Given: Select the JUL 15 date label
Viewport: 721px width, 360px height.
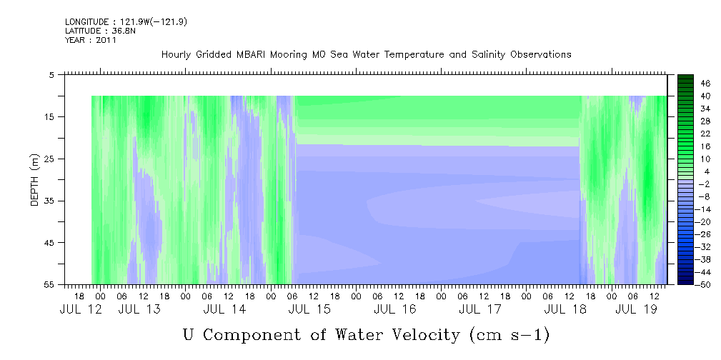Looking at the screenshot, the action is tap(309, 309).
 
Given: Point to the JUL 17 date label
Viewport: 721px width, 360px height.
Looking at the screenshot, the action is tap(480, 309).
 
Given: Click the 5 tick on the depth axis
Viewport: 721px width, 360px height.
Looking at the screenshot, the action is tap(51, 74).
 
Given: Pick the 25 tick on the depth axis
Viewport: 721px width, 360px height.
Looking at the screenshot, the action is tap(49, 159).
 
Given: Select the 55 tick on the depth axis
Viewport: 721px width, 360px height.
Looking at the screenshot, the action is tap(49, 284).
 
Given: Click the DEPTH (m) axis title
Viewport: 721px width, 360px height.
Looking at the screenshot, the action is tap(35, 180).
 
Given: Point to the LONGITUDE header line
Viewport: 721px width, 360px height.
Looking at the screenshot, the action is tap(126, 21).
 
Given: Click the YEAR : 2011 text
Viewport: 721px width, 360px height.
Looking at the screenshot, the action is tap(91, 40).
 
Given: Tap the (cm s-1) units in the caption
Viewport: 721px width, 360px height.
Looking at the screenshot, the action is tap(509, 335).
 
